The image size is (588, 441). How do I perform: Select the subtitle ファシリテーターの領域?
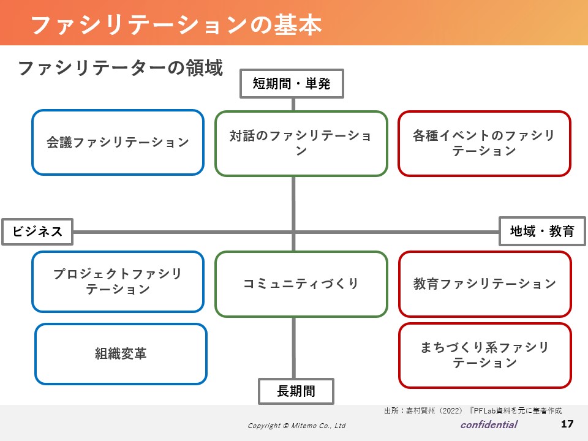(121, 68)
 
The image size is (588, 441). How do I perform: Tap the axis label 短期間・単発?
(292, 84)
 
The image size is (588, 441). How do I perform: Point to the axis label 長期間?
(296, 391)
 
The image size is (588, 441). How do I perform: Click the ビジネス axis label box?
(37, 232)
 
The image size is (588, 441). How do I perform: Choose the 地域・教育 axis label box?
(542, 231)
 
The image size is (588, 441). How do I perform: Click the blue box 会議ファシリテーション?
(118, 143)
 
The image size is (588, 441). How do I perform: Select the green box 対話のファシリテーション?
(301, 143)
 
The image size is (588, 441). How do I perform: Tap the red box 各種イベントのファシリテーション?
(484, 143)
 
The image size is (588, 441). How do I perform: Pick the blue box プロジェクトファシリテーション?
(118, 282)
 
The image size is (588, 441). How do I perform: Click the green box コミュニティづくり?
(301, 284)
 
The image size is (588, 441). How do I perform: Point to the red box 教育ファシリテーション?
(485, 284)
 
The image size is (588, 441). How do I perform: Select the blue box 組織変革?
(121, 353)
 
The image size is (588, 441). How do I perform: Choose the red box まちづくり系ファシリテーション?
(485, 355)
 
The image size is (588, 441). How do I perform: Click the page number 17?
(567, 424)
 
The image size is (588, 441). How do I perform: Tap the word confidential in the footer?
(489, 424)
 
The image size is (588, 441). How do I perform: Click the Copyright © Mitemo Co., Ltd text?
(296, 426)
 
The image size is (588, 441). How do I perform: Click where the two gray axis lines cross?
(293, 232)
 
